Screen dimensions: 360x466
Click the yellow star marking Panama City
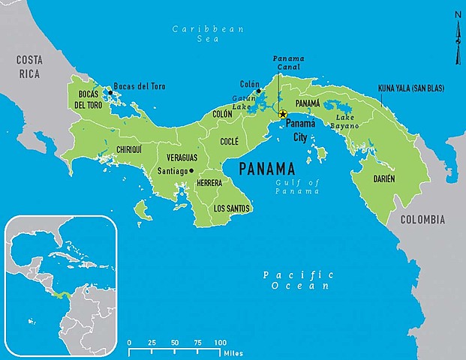tap(283, 115)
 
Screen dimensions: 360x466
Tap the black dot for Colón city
tap(259, 91)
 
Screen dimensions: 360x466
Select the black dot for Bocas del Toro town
tap(110, 92)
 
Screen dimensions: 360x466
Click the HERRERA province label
tap(209, 182)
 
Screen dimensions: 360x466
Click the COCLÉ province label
tap(229, 141)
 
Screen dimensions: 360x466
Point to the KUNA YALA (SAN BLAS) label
tap(410, 88)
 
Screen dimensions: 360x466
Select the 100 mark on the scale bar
tap(221, 342)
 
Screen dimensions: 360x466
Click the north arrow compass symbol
tap(457, 37)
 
